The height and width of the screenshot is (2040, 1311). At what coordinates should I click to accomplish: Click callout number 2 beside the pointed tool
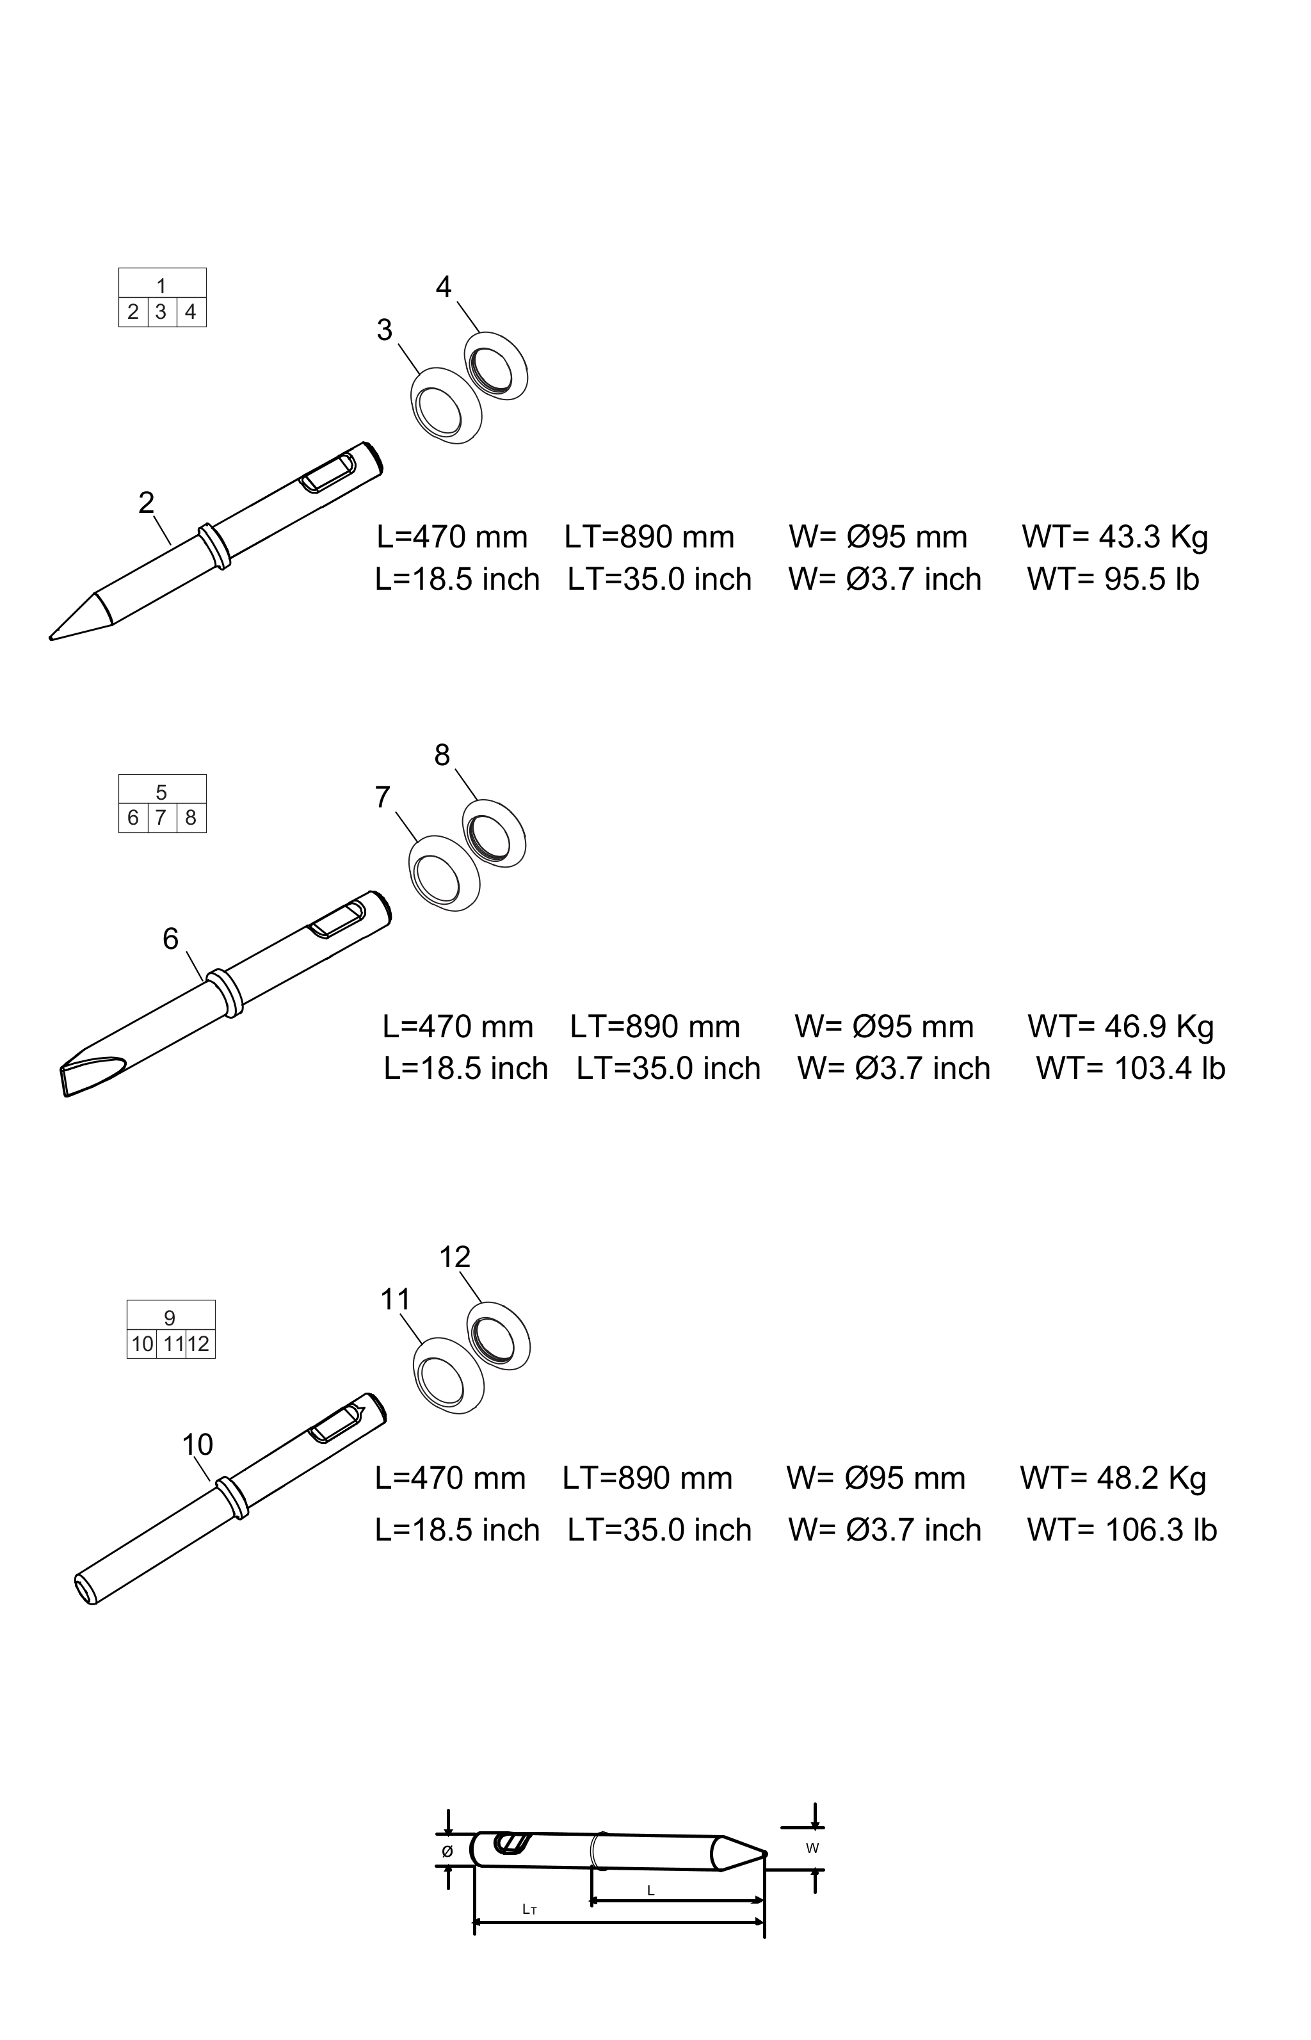pos(147,503)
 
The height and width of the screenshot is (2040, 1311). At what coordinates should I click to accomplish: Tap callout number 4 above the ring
pos(444,287)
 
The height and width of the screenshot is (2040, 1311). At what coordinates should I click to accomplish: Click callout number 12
pos(454,1257)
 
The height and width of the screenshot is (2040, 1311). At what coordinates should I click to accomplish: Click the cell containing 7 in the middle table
pos(161,818)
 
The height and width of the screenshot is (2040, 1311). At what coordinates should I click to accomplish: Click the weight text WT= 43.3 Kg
pos(1115,537)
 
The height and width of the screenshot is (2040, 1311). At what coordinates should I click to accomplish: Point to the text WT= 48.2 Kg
pos(1113,1479)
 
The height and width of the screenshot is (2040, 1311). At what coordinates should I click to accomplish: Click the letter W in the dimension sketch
pos(812,1849)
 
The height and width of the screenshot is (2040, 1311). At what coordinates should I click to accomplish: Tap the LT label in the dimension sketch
pos(529,1910)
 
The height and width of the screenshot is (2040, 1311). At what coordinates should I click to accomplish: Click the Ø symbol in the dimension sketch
pos(447,1851)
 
